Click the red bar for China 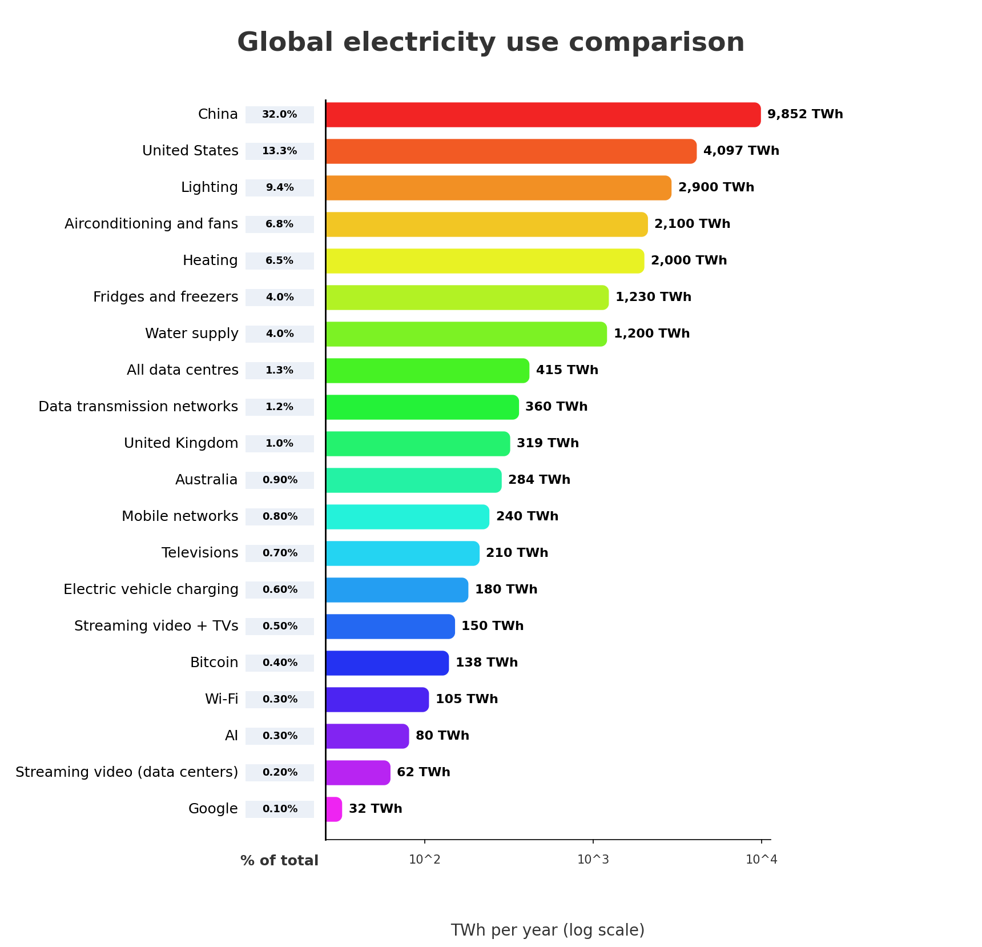tap(542, 115)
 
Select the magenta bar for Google tap(334, 809)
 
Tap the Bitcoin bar tap(387, 663)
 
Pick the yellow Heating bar tap(484, 261)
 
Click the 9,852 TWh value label tap(804, 114)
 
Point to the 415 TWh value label tap(566, 370)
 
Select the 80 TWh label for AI tap(442, 736)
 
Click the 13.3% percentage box tap(280, 151)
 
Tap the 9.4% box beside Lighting tap(280, 188)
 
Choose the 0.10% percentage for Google tap(280, 809)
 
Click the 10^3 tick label tap(593, 860)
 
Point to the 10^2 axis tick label tap(424, 860)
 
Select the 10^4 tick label tap(761, 860)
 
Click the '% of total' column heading tap(279, 861)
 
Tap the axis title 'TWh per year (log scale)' tap(547, 930)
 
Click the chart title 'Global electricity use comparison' tap(490, 42)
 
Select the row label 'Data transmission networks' tap(138, 407)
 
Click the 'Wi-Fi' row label tap(222, 699)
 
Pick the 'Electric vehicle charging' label tap(151, 589)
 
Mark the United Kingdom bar tap(417, 444)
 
